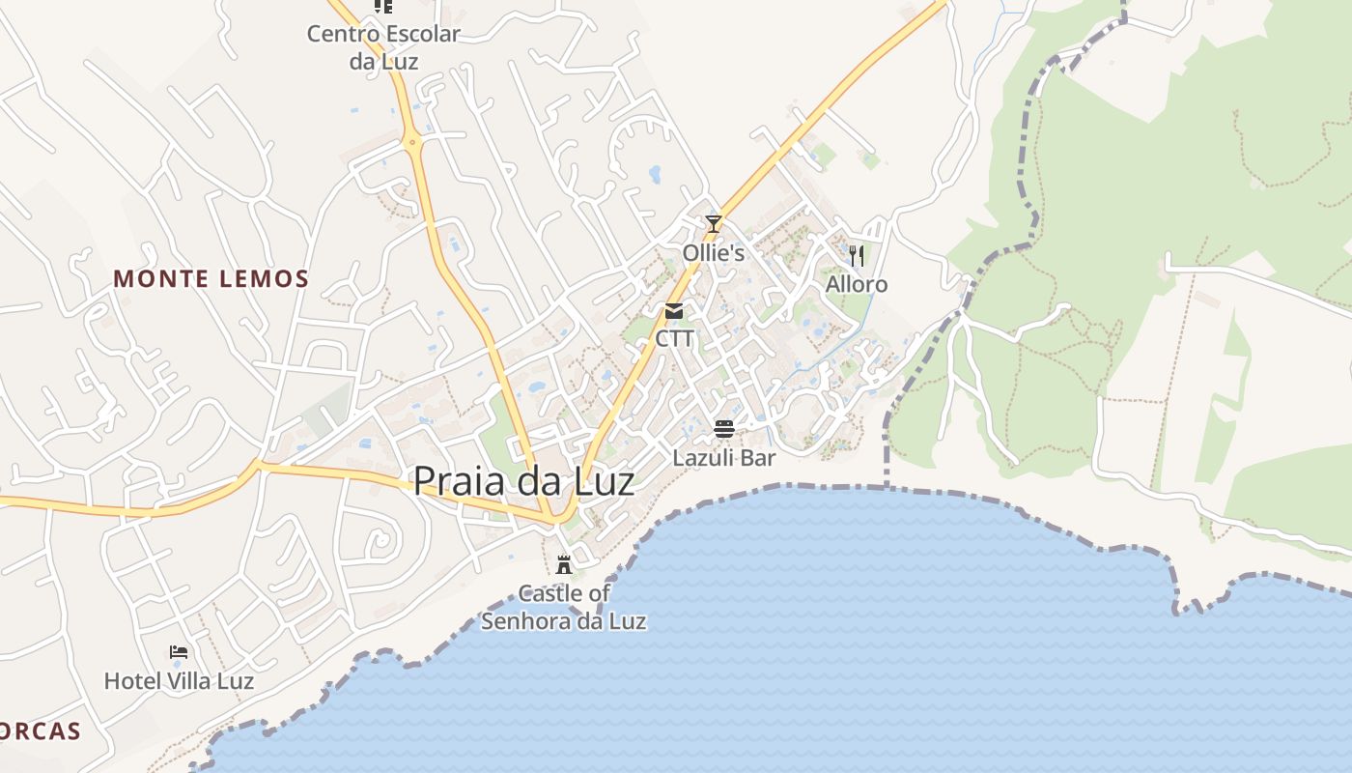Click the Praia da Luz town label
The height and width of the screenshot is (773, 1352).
(524, 481)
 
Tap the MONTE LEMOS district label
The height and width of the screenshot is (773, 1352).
(211, 279)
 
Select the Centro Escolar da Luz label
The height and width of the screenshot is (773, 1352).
(383, 46)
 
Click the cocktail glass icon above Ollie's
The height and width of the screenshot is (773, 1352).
(713, 224)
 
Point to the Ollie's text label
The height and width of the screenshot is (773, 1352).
(714, 253)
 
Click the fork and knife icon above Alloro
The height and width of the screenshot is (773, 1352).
(856, 256)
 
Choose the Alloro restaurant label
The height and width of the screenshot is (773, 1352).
(856, 285)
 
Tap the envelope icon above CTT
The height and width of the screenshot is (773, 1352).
(674, 311)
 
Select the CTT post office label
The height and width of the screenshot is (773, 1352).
(674, 339)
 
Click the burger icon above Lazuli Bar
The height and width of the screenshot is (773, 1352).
(724, 429)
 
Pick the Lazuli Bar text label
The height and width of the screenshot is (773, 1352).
(724, 458)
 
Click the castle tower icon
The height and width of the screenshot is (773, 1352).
(564, 564)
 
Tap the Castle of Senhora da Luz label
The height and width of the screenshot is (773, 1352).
(564, 607)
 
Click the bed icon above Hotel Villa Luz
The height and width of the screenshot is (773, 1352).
(179, 652)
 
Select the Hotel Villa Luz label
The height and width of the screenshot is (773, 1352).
(179, 681)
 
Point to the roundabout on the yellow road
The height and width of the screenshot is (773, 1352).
(414, 143)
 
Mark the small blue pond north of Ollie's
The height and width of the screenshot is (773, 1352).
(656, 174)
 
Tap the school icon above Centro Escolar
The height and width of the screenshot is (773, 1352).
(383, 6)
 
